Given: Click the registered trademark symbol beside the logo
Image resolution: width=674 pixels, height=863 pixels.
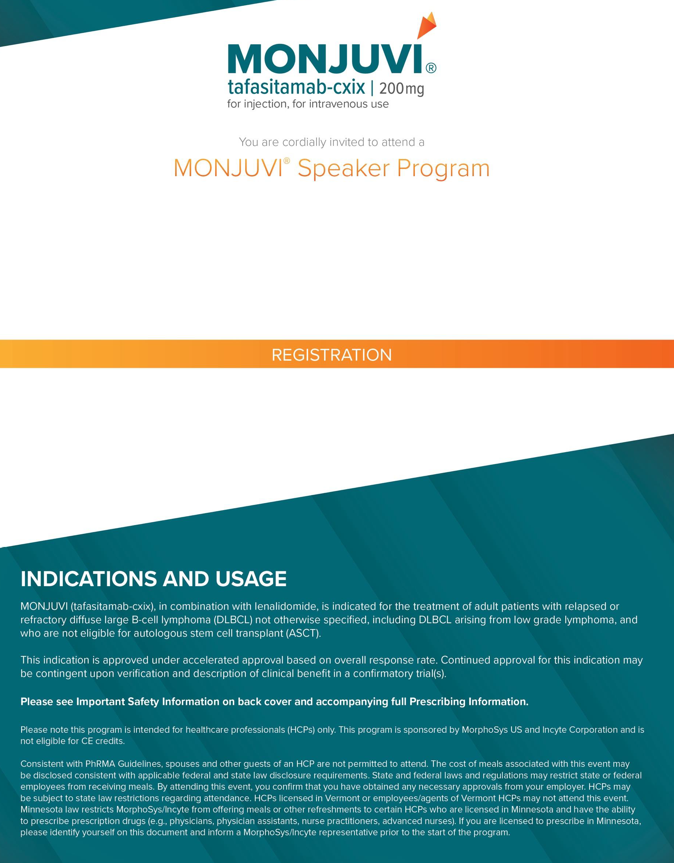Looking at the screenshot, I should pos(431,68).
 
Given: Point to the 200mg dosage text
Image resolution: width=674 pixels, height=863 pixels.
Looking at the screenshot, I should pos(401,89).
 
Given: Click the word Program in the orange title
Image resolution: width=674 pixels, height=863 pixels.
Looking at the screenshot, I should pos(443,169).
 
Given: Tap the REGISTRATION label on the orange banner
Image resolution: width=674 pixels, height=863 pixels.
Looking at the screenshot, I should pos(332,355).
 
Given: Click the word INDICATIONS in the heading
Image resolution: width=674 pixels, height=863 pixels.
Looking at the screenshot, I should pos(89,579).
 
